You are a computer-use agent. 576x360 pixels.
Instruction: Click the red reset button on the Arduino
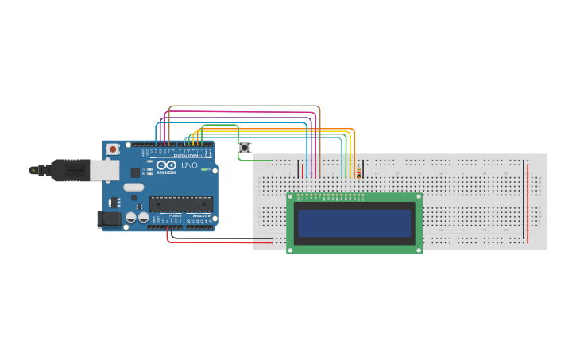coord(114,149)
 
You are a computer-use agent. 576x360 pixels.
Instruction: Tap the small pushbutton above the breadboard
coord(245,148)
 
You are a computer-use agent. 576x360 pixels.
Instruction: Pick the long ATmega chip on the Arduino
coord(180,204)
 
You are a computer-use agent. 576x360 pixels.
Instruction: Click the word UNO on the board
coord(189,166)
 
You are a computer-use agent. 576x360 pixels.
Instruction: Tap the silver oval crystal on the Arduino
coord(133,188)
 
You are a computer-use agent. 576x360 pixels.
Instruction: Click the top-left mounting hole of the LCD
coord(291,196)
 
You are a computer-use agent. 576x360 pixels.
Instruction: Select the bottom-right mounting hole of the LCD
coord(418,250)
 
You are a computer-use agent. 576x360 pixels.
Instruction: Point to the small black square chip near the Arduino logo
coord(135,172)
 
